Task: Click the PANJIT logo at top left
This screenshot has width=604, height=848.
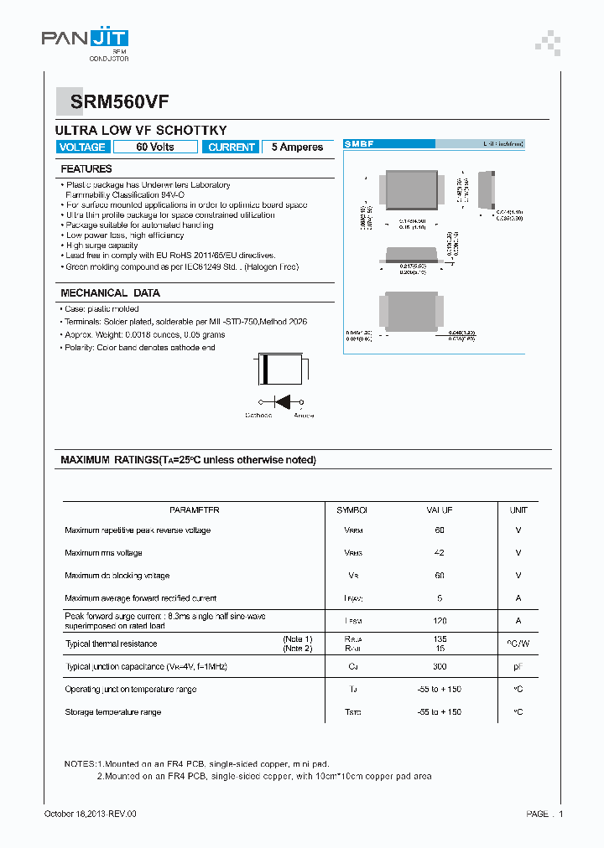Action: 85,39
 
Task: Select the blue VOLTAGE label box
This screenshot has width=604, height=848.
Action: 82,147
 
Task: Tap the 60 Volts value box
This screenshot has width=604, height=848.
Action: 155,147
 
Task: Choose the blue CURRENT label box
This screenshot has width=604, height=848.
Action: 231,147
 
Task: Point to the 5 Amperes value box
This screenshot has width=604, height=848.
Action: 297,147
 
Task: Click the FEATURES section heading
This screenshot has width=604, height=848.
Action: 86,169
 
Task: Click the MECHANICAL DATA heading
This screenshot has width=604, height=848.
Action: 110,293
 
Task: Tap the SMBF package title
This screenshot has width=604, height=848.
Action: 360,144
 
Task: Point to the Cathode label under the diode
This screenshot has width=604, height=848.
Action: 258,415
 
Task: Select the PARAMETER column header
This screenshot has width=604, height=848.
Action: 194,509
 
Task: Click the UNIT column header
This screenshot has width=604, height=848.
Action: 518,509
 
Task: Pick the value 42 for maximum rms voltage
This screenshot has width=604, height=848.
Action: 440,553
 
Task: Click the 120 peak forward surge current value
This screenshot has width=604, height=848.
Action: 440,621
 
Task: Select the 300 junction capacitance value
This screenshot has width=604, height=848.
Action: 440,666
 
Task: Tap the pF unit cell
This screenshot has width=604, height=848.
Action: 518,666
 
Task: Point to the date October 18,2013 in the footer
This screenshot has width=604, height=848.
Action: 90,814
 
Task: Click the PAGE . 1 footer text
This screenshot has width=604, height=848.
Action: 544,814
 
